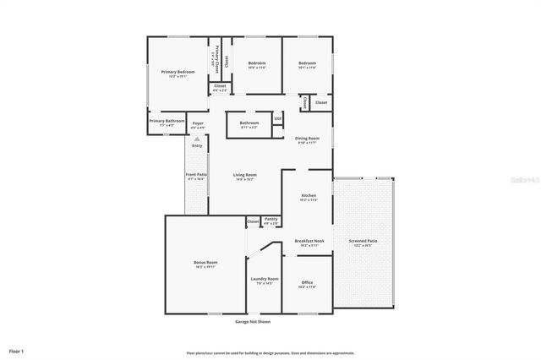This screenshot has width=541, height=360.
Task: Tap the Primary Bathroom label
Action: coord(167,122)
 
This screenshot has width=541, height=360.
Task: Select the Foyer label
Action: coord(198,124)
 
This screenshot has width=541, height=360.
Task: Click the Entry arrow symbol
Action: coord(197,138)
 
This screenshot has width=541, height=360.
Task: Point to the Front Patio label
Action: coord(196,175)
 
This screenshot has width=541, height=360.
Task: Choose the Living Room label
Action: coord(245,175)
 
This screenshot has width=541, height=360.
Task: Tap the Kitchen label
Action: coord(309,196)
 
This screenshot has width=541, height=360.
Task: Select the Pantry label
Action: coord(270,220)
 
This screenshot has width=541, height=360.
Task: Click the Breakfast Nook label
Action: coord(306,242)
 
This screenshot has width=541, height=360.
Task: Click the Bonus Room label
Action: coord(206,264)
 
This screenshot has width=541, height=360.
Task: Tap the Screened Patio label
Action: coord(363,242)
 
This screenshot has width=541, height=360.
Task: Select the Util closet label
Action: coord(277,119)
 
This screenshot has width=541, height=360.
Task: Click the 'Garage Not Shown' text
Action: coord(253,322)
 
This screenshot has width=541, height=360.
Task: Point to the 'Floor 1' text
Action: coord(17,351)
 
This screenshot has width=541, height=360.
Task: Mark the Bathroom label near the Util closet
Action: coord(249,124)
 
